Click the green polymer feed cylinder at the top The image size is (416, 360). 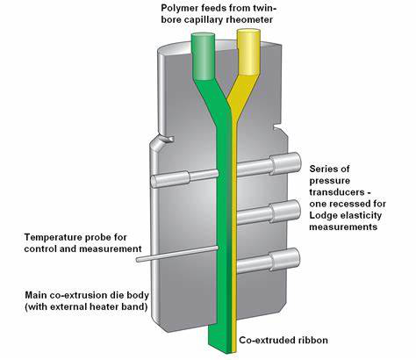click(203, 56)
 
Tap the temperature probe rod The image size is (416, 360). click(177, 254)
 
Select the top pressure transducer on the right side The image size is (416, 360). click(269, 164)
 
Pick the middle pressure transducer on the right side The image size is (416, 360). click(269, 212)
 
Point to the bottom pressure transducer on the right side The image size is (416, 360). click(269, 261)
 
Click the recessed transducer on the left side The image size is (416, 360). click(184, 178)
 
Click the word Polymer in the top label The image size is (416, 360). click(178, 8)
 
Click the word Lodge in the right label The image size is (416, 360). click(323, 215)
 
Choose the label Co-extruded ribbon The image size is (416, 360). click(283, 340)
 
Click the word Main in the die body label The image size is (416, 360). click(35, 295)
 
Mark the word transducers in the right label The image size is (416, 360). click(336, 192)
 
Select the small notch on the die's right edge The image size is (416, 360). click(276, 128)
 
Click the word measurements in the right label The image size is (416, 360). click(343, 227)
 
